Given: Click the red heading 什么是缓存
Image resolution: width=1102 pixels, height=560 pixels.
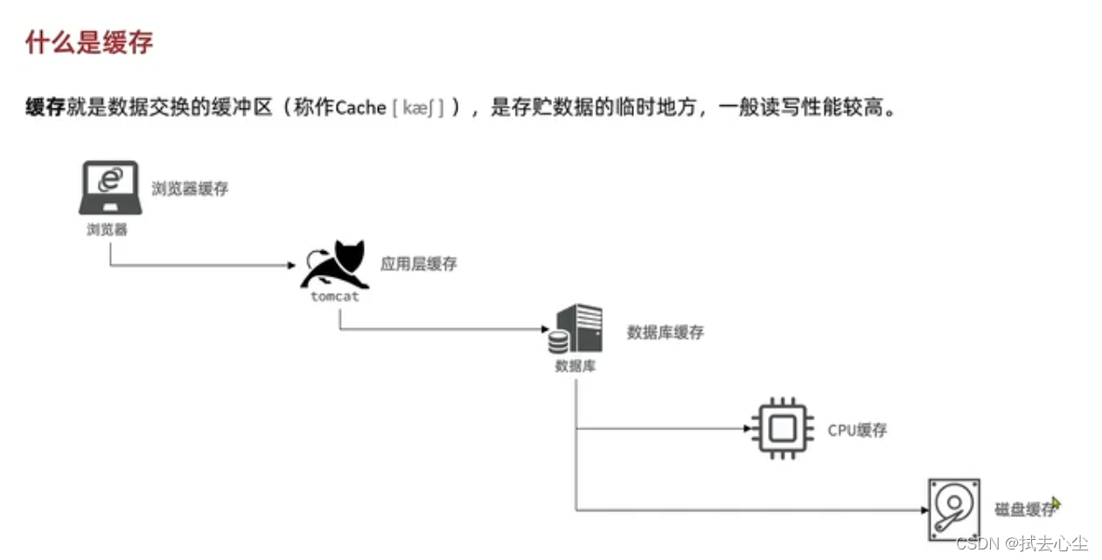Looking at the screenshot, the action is (90, 42).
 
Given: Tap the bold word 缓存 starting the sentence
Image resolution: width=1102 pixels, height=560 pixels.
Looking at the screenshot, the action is (45, 108).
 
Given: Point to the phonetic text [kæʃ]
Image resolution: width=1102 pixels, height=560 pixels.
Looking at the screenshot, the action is (419, 108).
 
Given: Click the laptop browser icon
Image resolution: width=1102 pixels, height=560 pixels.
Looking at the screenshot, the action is (109, 187).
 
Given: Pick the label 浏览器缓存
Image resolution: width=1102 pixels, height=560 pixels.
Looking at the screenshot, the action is (190, 188).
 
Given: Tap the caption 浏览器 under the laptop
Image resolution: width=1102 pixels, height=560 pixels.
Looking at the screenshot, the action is (108, 230).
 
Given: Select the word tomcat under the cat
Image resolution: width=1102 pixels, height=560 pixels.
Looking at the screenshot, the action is (334, 297).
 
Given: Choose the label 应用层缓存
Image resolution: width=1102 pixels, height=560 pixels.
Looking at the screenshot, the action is (418, 263).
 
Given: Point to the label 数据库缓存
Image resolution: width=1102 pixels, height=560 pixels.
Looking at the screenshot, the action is (665, 332).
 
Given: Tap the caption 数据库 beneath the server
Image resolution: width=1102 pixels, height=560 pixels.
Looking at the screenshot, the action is (575, 366).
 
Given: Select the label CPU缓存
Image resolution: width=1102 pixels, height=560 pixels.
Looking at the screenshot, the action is (857, 430).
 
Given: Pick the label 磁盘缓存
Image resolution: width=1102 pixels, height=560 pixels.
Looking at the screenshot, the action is (1024, 510).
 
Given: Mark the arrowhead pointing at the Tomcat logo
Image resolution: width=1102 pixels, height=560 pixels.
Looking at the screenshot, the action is (291, 264).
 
